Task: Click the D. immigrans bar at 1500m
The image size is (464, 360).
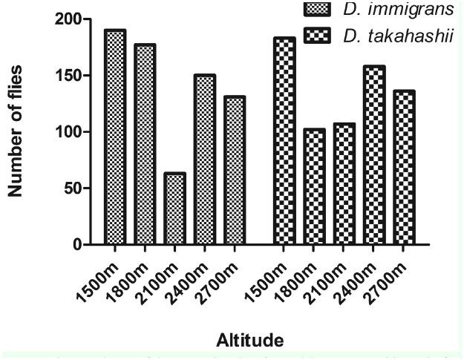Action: pyautogui.click(x=115, y=137)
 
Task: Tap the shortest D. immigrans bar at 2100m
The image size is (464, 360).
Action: pyautogui.click(x=174, y=209)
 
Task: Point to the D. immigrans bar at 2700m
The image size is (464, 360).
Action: pyautogui.click(x=234, y=170)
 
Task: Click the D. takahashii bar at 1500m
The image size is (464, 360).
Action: pyautogui.click(x=284, y=141)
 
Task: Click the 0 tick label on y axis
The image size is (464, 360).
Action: pyautogui.click(x=76, y=245)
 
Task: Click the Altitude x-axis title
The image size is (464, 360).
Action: pyautogui.click(x=249, y=341)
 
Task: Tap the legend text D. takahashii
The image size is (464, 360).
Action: pyautogui.click(x=387, y=35)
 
